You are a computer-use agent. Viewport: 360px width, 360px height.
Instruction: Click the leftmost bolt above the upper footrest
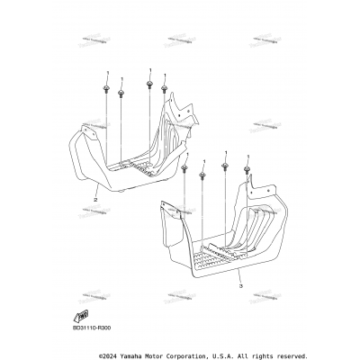tap(106, 88)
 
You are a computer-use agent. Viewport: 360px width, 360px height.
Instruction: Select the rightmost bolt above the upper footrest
tap(164, 88)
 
